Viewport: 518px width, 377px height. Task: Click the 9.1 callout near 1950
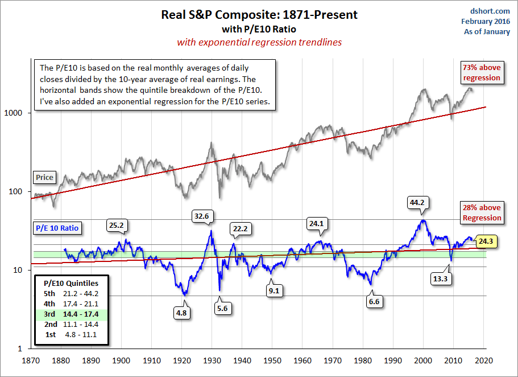coord(273,290)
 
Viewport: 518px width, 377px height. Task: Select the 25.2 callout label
coord(118,225)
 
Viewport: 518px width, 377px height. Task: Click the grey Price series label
coord(44,177)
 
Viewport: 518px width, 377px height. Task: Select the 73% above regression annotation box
coord(482,72)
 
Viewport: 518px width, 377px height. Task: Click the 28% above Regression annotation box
coord(482,213)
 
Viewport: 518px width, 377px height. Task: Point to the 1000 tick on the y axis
coord(18,113)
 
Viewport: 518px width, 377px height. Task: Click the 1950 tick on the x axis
coord(272,360)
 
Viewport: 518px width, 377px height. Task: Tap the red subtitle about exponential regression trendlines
coord(259,42)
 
